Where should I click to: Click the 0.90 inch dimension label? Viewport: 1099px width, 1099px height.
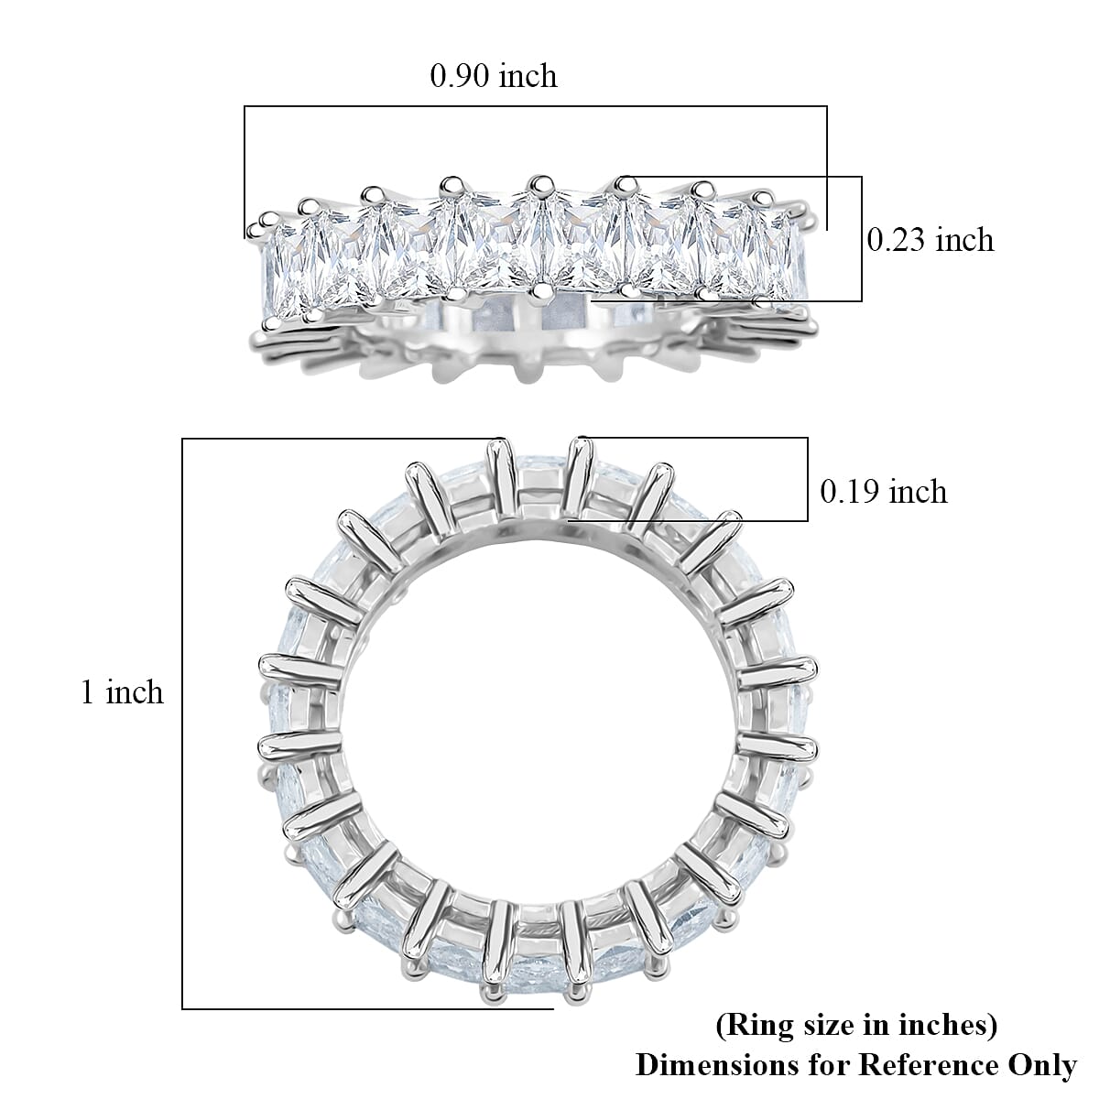point(494,75)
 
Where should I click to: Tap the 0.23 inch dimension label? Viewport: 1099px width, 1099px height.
point(930,240)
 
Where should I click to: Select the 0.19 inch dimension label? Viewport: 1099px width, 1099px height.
point(883,492)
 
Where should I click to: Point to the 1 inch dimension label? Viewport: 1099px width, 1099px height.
point(122,691)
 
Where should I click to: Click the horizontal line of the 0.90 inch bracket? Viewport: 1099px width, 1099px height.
point(536,106)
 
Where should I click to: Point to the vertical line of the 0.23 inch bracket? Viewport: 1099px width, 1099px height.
point(862,238)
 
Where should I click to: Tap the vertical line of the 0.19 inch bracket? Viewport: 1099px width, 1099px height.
point(808,479)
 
